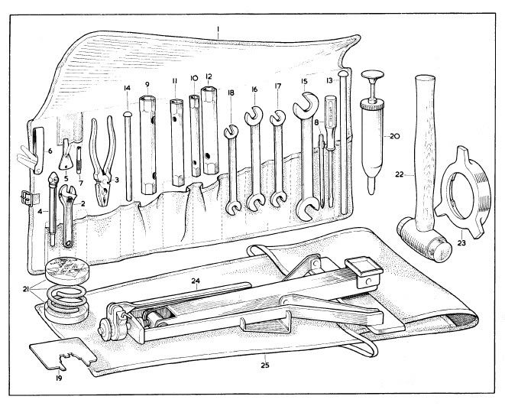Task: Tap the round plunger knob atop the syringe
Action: pyautogui.click(x=376, y=77)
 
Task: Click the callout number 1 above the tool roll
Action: pyautogui.click(x=218, y=33)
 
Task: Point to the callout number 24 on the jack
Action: pyautogui.click(x=197, y=282)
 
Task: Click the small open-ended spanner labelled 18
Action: pyautogui.click(x=230, y=164)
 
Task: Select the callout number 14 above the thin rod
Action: pyautogui.click(x=127, y=89)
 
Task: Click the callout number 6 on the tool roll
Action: pyautogui.click(x=50, y=151)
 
